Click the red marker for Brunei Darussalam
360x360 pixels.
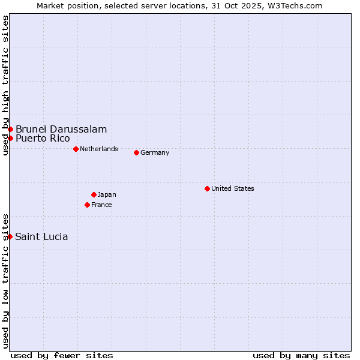click(10, 130)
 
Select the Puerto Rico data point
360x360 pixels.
click(10, 139)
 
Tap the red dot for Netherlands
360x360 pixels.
click(76, 149)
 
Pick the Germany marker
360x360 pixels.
click(136, 152)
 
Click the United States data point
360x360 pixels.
click(207, 188)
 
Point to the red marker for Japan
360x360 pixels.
click(94, 194)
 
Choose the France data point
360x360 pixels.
click(87, 205)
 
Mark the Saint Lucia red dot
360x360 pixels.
click(10, 236)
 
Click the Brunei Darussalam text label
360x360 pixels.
click(61, 130)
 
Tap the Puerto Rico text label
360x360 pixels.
click(43, 139)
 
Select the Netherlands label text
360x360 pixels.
click(99, 149)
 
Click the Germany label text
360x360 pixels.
click(155, 152)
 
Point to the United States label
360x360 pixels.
click(233, 188)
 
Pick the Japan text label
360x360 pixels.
click(107, 194)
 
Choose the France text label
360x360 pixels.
click(101, 205)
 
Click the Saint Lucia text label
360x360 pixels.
click(41, 236)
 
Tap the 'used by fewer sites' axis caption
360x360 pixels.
click(62, 355)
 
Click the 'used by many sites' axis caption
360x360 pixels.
click(301, 355)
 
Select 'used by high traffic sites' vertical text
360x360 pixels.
click(5, 85)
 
